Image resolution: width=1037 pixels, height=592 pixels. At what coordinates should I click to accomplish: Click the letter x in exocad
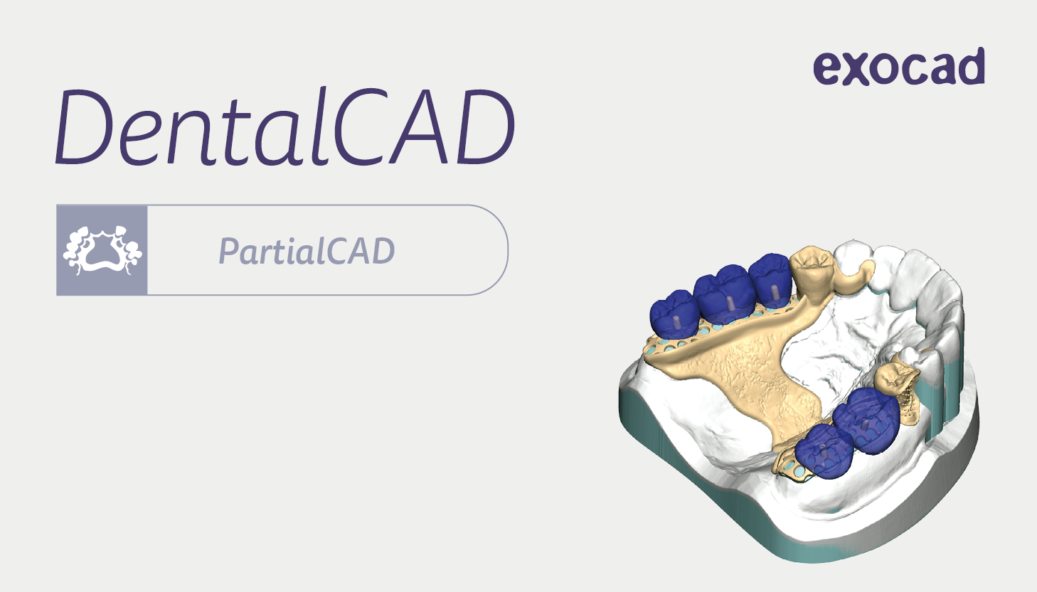(855, 70)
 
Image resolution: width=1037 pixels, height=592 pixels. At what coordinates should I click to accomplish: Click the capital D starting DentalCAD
(84, 127)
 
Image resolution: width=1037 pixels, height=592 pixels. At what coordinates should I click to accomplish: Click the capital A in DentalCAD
(420, 127)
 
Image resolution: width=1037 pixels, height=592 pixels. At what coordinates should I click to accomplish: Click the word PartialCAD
(307, 251)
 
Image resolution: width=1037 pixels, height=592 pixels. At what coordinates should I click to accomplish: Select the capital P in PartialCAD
(229, 251)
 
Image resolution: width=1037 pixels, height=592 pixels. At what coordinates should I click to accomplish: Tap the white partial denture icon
(102, 250)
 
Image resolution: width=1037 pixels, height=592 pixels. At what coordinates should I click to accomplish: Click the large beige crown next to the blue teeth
(812, 275)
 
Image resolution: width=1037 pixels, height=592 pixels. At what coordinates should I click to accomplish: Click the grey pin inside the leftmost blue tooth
(673, 322)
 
